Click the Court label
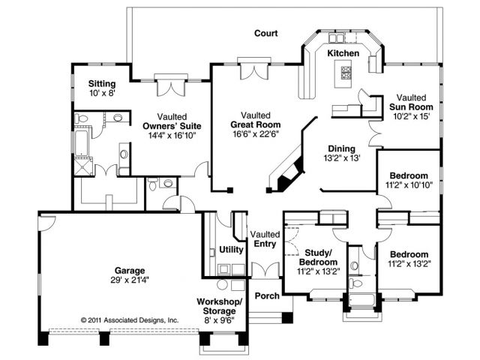265,33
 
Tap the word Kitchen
343,54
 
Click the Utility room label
230,250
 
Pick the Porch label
266,295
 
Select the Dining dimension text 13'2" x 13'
342,158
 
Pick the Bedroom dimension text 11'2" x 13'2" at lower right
409,264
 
